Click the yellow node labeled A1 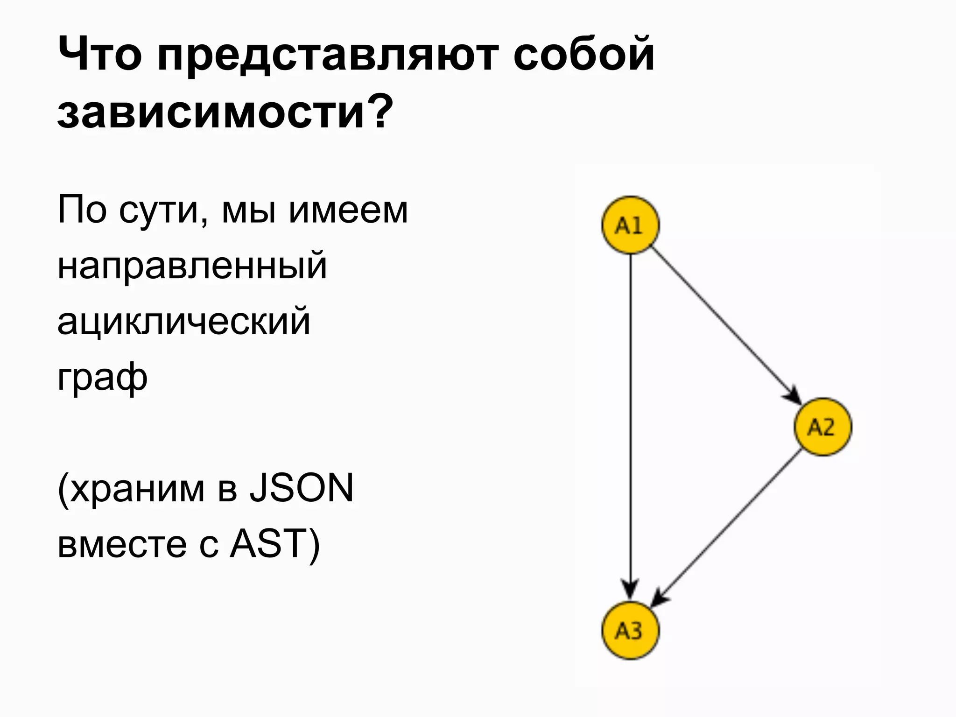630,225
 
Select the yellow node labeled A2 822,427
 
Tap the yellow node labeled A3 630,630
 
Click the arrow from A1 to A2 726,325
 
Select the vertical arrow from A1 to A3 631,420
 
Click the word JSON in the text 301,488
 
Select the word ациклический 184,321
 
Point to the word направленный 192,266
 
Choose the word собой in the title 583,54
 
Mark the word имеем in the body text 348,210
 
